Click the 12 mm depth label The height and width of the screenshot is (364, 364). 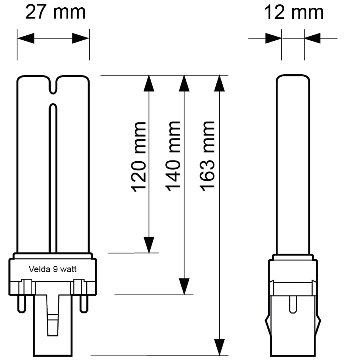[293, 12]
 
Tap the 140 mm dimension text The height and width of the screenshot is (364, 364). [173, 156]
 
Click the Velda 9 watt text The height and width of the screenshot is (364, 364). [53, 269]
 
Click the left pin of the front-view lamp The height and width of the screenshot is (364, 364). [22, 304]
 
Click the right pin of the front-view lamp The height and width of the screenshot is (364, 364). [84, 304]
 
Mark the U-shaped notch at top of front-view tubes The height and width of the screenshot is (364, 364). [53, 86]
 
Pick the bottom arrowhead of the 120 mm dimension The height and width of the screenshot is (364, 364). [149, 245]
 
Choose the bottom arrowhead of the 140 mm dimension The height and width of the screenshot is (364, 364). [184, 286]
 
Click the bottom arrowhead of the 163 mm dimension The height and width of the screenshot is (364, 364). [219, 347]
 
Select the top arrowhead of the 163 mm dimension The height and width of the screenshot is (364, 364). [219, 83]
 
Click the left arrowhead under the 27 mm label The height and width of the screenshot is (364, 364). [26, 38]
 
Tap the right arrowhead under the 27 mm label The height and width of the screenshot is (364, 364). [80, 38]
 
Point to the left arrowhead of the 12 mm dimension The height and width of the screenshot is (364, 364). [273, 38]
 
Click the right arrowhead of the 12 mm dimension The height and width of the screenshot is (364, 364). [313, 38]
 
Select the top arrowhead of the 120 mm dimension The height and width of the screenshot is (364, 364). [149, 83]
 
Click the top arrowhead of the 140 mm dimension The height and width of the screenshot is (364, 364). [184, 83]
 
